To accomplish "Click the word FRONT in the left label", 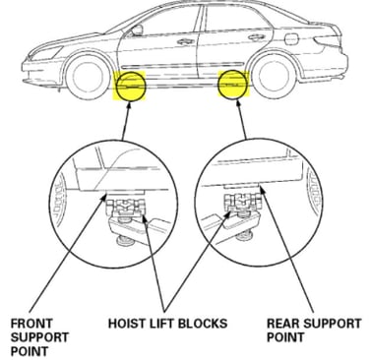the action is (31, 324).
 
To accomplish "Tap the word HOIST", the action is (127, 324).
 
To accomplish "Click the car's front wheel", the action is (88, 77).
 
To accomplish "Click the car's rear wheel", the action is (274, 75).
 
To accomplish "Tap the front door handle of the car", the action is (186, 41).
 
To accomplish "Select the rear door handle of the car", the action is (256, 37).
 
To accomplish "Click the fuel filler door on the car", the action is (291, 39).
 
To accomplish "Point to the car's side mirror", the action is (137, 30).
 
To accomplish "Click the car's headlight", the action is (45, 52).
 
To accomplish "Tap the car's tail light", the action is (328, 39).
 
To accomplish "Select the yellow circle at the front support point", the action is (131, 86).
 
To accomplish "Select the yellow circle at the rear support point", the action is (233, 85).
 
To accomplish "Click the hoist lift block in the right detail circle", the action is (242, 203).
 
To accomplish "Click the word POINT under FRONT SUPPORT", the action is (29, 351).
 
